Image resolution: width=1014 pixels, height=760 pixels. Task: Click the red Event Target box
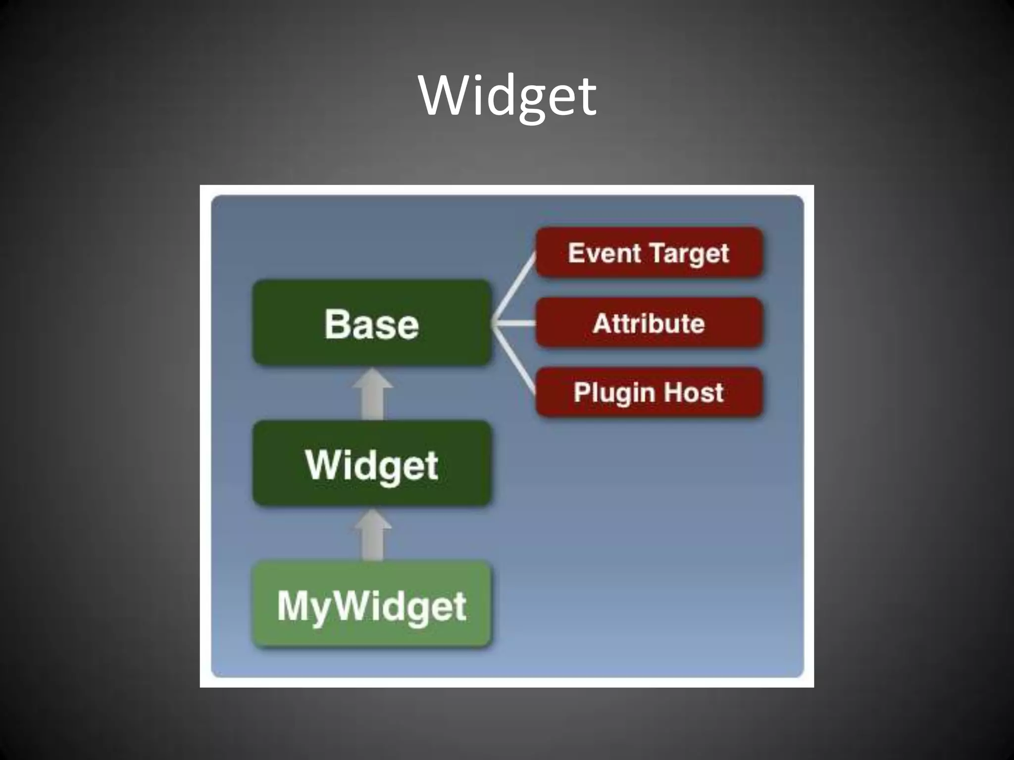(649, 253)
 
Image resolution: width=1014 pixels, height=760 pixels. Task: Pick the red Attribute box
(649, 323)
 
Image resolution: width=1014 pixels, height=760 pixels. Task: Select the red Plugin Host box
(649, 392)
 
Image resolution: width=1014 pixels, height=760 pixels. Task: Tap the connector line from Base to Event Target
(515, 287)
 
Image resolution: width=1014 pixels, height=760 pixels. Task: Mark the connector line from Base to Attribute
(515, 324)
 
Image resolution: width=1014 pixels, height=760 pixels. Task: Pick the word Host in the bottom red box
(693, 392)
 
